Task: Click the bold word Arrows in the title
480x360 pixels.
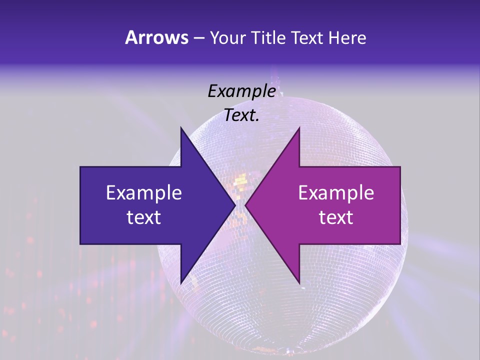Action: click(x=156, y=37)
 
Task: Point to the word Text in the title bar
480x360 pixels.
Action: click(x=307, y=38)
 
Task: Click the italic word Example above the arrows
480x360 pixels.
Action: click(x=242, y=91)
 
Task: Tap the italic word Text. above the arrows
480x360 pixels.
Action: click(x=241, y=115)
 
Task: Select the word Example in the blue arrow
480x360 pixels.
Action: click(x=143, y=192)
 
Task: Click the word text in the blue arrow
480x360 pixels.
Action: click(x=143, y=217)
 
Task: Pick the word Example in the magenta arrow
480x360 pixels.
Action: click(x=336, y=192)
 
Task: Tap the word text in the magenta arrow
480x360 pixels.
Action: click(x=336, y=217)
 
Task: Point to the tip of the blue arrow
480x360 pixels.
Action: click(x=235, y=205)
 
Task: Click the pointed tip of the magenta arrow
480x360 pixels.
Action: click(x=245, y=205)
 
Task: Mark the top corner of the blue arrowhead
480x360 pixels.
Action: click(x=181, y=127)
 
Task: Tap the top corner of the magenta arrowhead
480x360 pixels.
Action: click(x=299, y=127)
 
